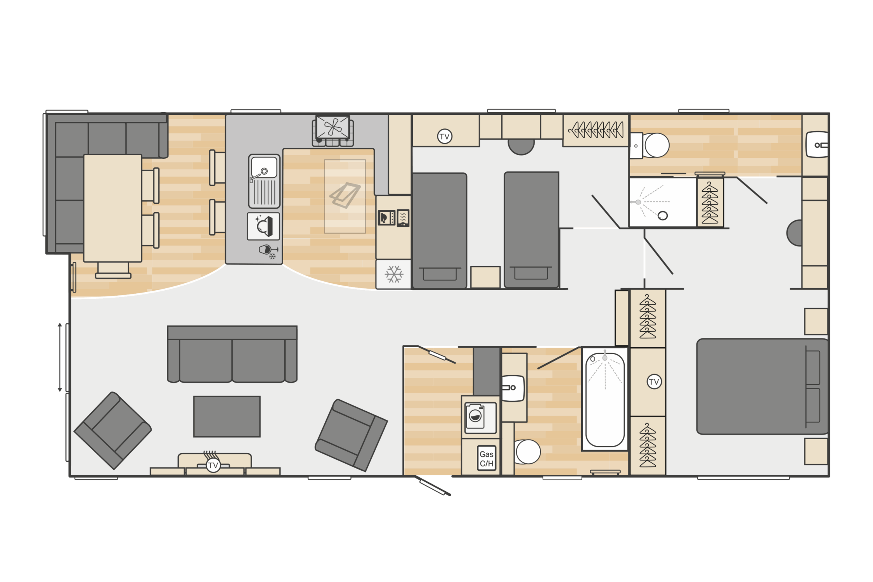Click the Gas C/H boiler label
(487, 458)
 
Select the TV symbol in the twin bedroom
(445, 136)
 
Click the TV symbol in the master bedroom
(654, 381)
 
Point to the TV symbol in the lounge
(213, 465)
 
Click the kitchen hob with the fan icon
(333, 127)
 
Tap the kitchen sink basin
(264, 167)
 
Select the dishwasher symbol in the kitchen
(263, 226)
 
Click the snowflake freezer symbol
(394, 274)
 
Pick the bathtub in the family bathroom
(605, 399)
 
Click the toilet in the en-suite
(650, 145)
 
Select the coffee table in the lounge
(227, 416)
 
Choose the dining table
(113, 208)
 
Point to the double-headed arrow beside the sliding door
(60, 357)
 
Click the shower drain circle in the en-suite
(663, 216)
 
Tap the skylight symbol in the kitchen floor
(345, 195)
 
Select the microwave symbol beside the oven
(386, 218)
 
